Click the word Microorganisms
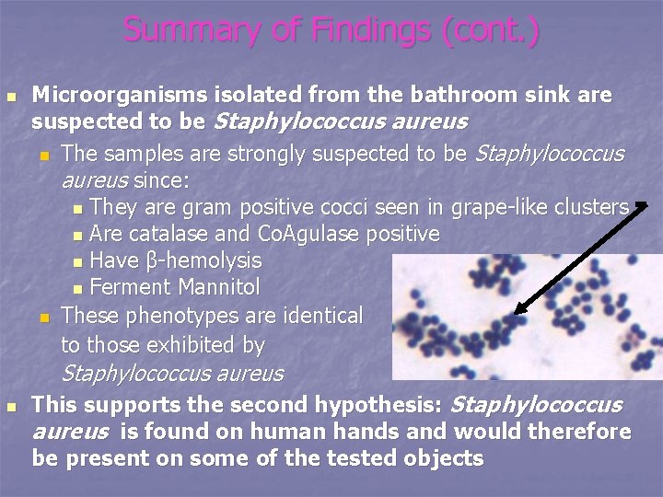click(x=109, y=95)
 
